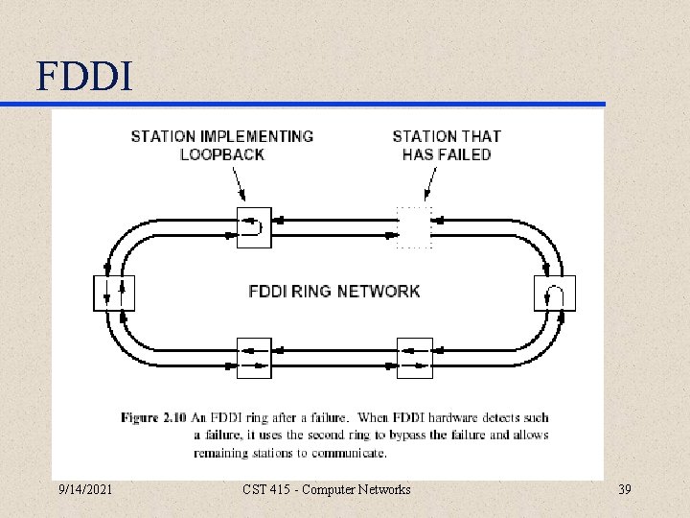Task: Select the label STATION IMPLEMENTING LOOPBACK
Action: click(222, 145)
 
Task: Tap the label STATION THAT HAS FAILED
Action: click(447, 145)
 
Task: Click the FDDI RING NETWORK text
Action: click(333, 291)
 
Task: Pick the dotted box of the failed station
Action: click(414, 227)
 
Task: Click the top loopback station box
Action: click(254, 227)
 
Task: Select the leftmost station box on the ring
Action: click(114, 293)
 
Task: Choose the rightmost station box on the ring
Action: click(555, 293)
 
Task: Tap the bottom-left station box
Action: click(254, 358)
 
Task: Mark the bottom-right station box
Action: click(414, 358)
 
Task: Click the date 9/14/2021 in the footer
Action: click(84, 490)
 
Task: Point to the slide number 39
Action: click(626, 490)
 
